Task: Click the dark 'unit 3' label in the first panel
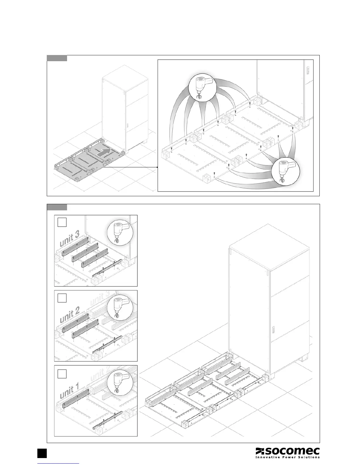tap(69, 239)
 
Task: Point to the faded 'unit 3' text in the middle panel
tap(100, 298)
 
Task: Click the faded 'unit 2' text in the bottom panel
tap(100, 373)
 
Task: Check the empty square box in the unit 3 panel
tap(62, 222)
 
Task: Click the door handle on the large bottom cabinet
tap(273, 330)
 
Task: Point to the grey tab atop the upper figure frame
tap(57, 58)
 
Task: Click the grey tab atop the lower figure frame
tap(57, 207)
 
